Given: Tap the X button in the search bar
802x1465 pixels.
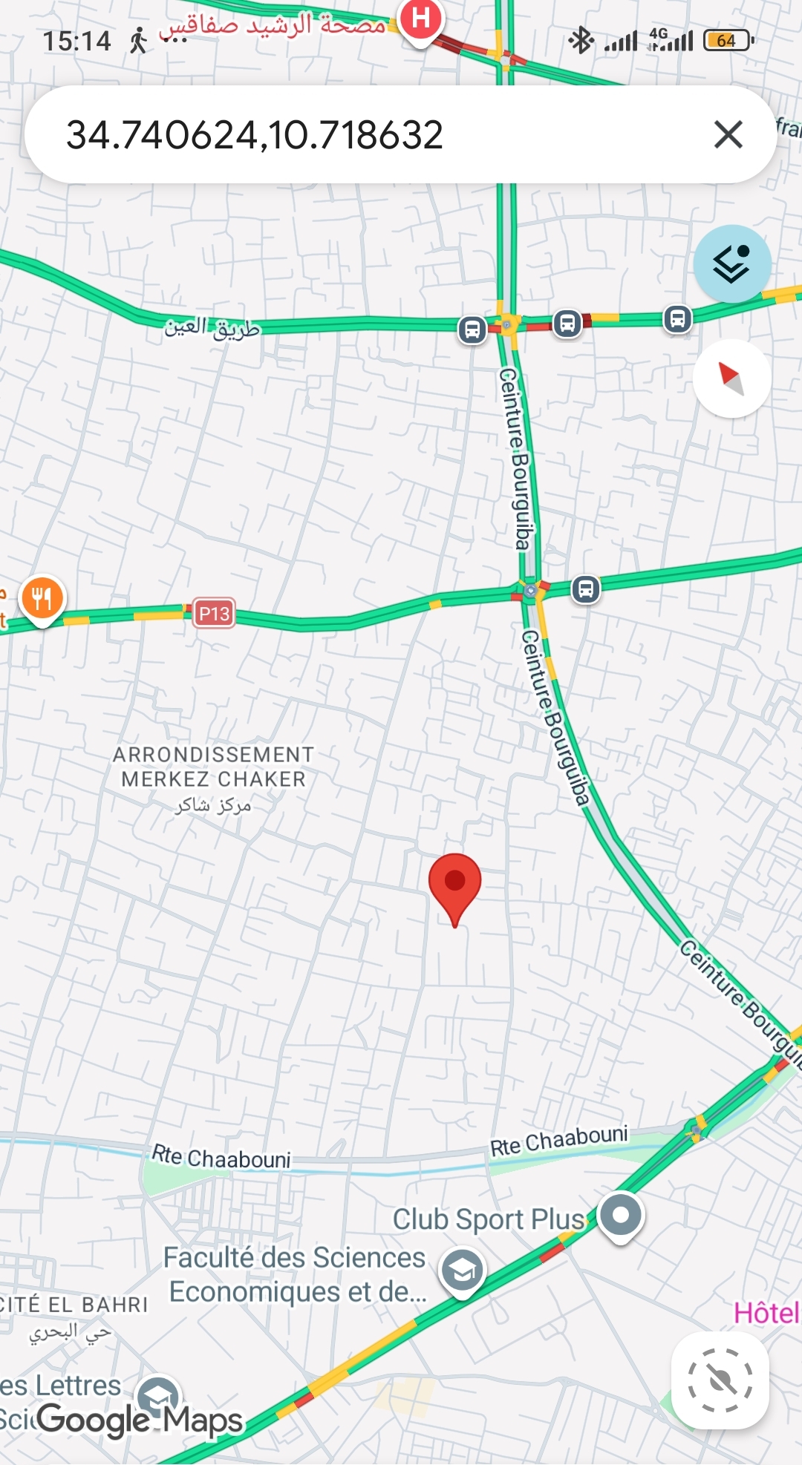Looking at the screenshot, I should tap(728, 135).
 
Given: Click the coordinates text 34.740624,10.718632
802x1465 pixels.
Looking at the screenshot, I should tap(255, 135).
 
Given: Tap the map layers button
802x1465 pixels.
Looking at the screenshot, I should tap(732, 264).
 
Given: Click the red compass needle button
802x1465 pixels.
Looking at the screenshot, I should tap(731, 378).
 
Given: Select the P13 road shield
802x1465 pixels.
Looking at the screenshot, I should tap(214, 614).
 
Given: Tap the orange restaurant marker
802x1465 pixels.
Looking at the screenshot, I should tap(42, 598).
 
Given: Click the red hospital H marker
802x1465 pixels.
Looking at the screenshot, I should tap(421, 18).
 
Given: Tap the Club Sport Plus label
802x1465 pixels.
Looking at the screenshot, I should tap(489, 1219).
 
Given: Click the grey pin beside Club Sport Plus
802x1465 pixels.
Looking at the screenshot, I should tap(621, 1216).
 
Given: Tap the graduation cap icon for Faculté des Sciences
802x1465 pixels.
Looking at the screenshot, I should tap(462, 1271).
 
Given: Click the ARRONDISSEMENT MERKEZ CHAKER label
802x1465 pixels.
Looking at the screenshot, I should tap(213, 767).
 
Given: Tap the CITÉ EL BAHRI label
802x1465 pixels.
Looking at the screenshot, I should tap(74, 1305).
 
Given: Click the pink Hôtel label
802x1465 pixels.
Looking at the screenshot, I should tap(766, 1313).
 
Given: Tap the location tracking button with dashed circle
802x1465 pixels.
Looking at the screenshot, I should tap(720, 1380).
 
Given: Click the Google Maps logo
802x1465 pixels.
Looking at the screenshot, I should tap(140, 1420).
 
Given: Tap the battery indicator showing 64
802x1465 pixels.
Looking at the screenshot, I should tap(728, 40).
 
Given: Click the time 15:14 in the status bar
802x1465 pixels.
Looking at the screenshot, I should tap(76, 41).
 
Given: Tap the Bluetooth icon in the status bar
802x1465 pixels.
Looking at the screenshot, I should tap(581, 40).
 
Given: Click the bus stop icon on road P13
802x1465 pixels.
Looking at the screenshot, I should tap(585, 589).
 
